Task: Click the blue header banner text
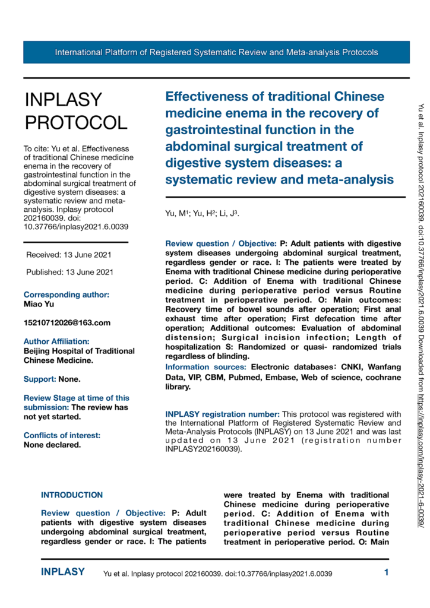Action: point(216,52)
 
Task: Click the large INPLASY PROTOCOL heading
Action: point(75,111)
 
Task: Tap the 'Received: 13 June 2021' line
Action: point(69,255)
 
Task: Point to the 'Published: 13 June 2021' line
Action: point(69,273)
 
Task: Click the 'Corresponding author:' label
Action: point(66,294)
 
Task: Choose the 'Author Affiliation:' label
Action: point(57,341)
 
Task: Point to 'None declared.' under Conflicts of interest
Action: point(52,428)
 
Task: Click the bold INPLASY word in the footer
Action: point(62,572)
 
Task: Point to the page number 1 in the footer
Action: point(386,573)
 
